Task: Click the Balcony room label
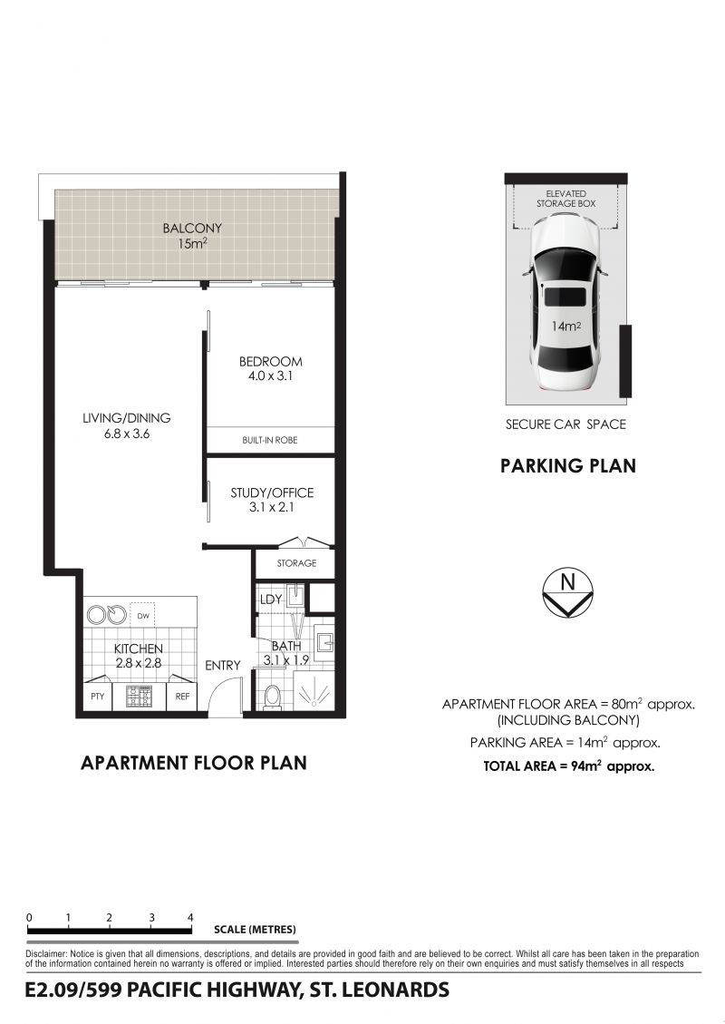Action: [192, 236]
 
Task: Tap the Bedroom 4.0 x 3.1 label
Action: [270, 368]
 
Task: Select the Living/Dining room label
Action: [127, 425]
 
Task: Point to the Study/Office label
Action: [272, 500]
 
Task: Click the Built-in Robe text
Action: [269, 440]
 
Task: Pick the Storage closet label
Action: [296, 563]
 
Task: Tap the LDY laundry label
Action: [271, 600]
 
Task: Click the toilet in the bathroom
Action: [272, 697]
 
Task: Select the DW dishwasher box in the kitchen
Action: [143, 616]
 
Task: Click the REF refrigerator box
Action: [182, 697]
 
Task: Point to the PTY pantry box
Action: [97, 697]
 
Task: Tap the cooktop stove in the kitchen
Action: [139, 697]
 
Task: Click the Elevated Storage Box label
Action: [565, 199]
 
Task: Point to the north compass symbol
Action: [567, 593]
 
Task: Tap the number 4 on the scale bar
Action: [190, 918]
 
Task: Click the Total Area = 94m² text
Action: [568, 766]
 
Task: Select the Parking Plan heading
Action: [567, 465]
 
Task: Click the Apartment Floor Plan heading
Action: [194, 763]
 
